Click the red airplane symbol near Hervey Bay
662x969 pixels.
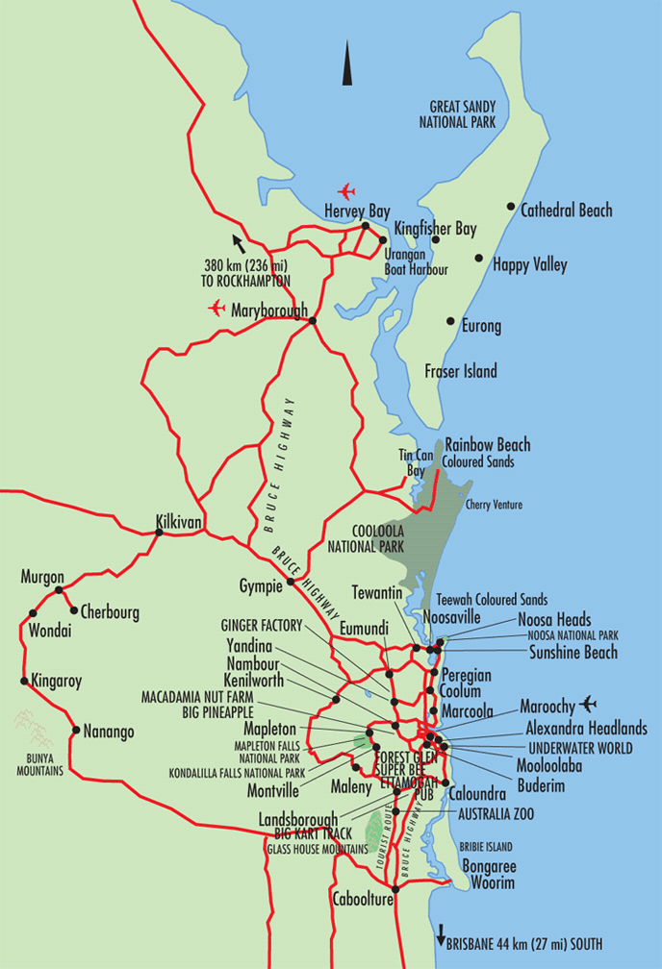click(346, 190)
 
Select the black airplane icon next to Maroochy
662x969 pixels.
click(589, 704)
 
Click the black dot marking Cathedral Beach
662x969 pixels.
click(511, 207)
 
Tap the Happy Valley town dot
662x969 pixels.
click(478, 258)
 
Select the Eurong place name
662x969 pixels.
click(481, 327)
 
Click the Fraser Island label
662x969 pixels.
click(461, 371)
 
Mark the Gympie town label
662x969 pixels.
click(260, 585)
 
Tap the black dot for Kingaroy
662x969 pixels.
click(24, 681)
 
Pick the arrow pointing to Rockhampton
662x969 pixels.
click(237, 241)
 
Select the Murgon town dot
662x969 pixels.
click(60, 589)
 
